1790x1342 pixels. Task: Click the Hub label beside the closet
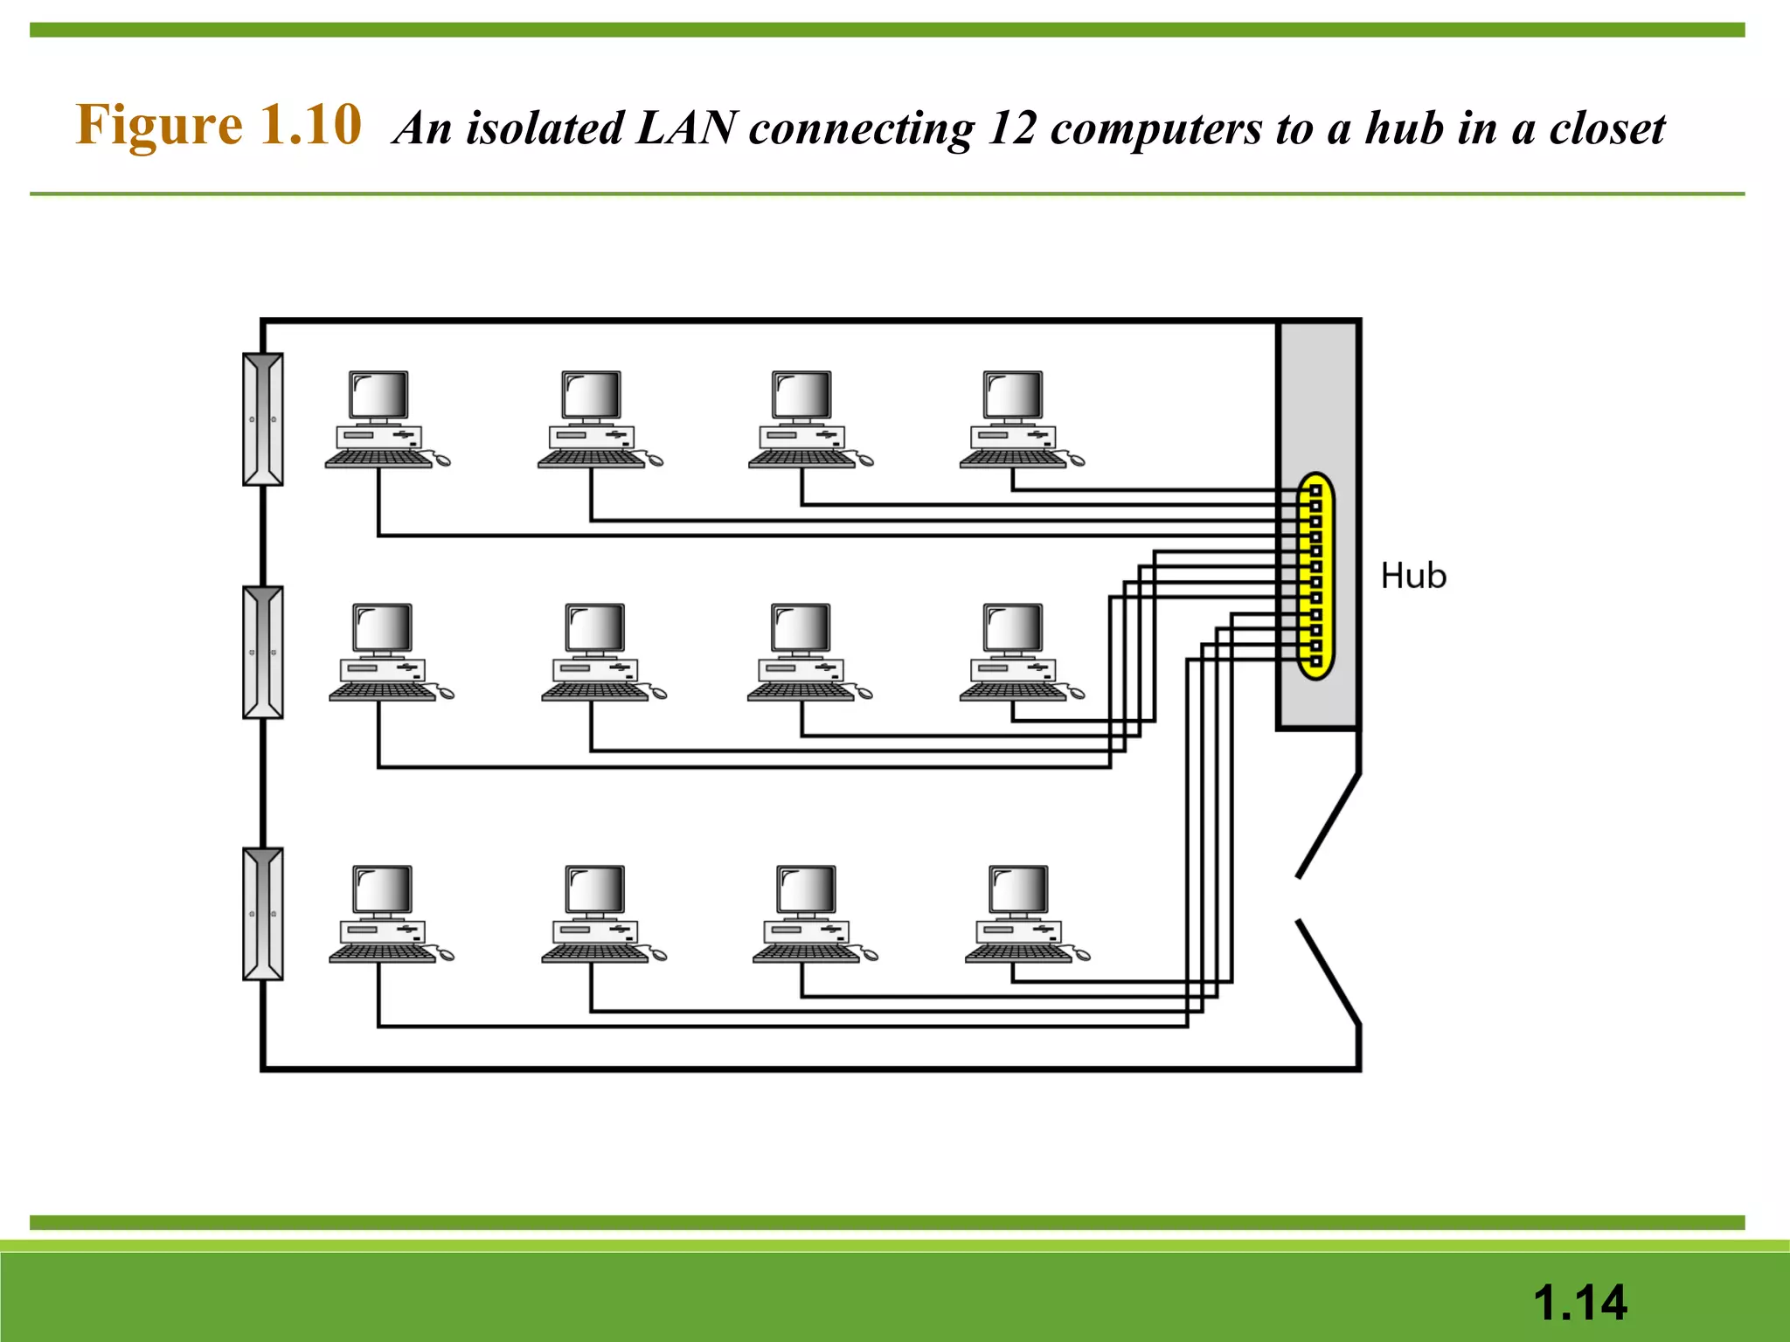point(1412,577)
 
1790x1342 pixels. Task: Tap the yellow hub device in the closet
point(1315,577)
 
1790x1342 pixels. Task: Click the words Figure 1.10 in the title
point(219,125)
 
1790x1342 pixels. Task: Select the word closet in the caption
point(1606,128)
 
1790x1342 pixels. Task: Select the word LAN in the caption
point(686,128)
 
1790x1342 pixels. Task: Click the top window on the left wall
point(262,419)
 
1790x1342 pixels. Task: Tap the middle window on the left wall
point(262,652)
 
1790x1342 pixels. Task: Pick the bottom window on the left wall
point(262,913)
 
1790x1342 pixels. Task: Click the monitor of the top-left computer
point(378,396)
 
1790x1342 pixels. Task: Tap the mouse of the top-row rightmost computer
point(1076,460)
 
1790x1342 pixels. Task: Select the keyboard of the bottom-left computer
point(382,953)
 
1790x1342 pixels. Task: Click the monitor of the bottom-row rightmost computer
point(1018,889)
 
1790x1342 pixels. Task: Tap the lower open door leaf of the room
point(1329,972)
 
